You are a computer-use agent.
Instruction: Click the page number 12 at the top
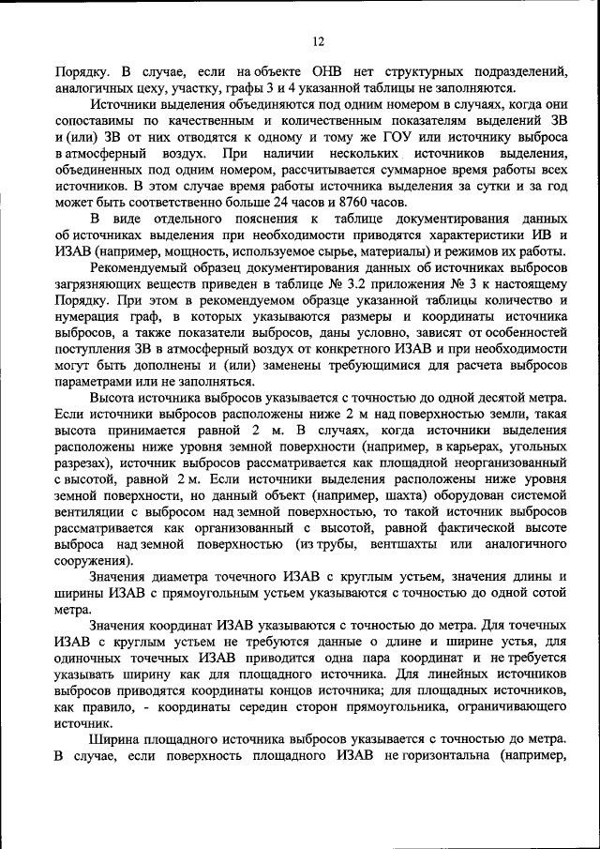(318, 41)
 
